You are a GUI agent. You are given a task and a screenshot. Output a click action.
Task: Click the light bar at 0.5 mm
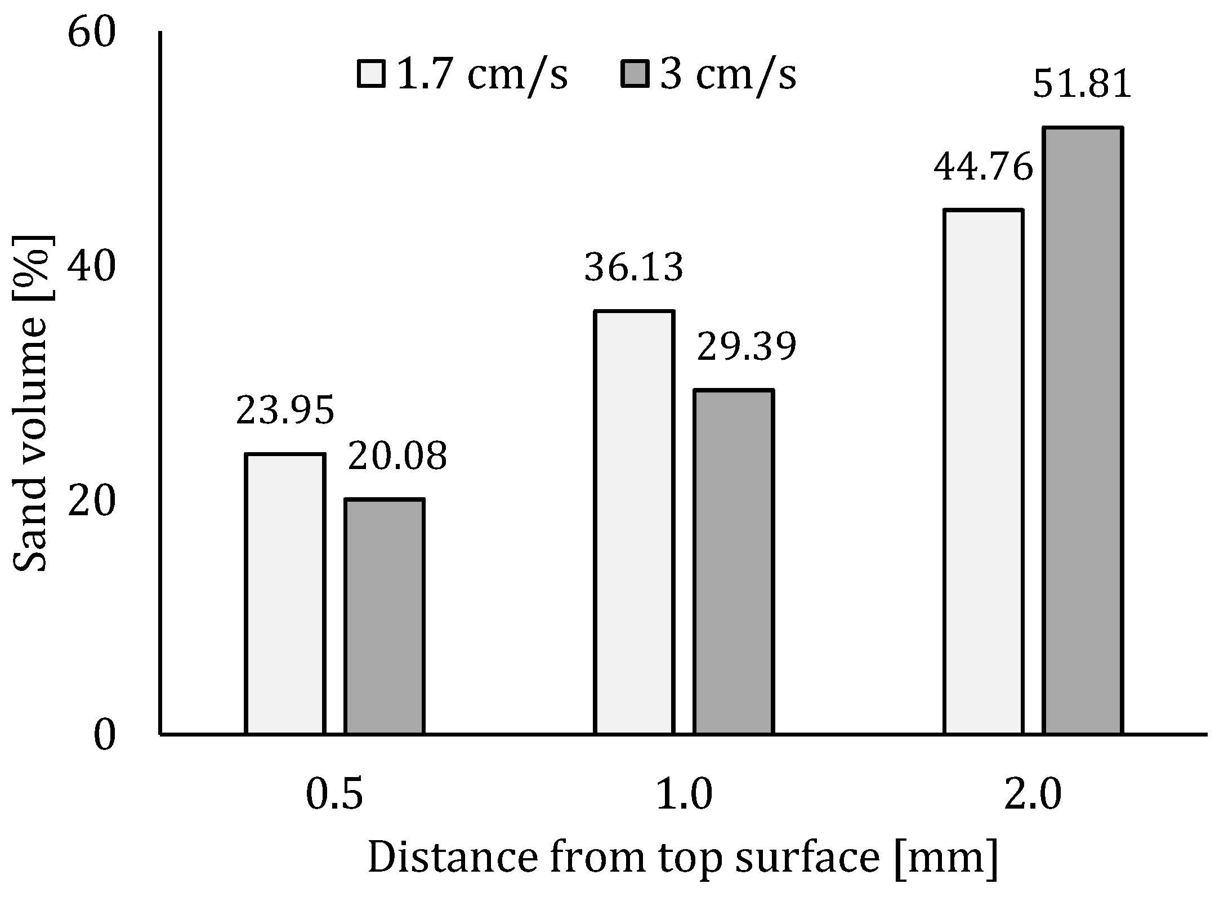tap(285, 593)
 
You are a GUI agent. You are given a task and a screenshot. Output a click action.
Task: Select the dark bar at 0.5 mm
tap(385, 616)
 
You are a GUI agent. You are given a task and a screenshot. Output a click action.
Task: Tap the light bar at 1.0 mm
tap(635, 522)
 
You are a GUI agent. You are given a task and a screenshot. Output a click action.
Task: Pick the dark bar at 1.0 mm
tap(734, 561)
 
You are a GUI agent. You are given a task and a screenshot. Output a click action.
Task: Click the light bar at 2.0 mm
tap(984, 471)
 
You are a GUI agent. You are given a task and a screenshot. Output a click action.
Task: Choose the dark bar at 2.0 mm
tap(1083, 431)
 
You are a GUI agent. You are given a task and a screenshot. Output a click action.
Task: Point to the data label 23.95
tap(285, 410)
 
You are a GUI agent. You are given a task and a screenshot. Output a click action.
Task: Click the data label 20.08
tap(397, 456)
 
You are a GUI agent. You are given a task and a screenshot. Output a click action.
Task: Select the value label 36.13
tap(634, 267)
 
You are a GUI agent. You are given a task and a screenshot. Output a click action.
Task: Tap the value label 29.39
tap(747, 347)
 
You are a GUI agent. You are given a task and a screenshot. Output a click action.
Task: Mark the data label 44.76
tap(984, 167)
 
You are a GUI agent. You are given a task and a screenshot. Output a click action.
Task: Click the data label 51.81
tap(1082, 84)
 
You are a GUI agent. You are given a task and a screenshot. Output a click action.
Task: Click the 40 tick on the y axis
tap(91, 267)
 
